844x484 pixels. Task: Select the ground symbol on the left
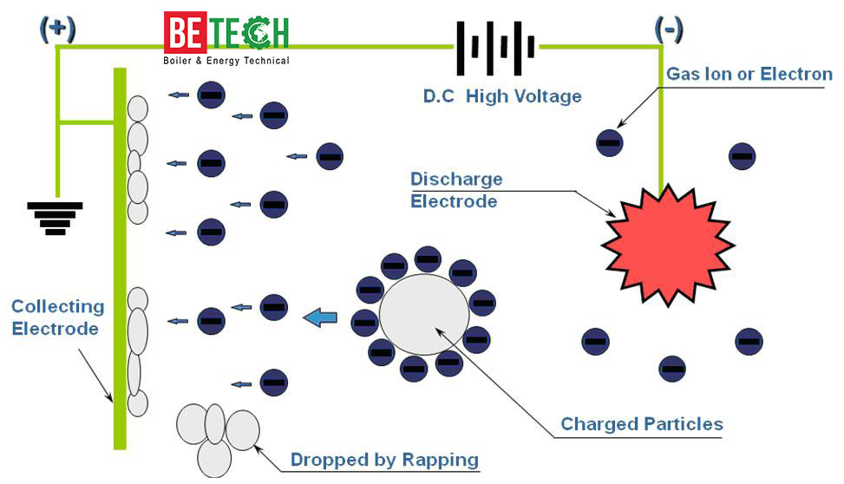[56, 218]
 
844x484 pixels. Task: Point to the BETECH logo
[226, 33]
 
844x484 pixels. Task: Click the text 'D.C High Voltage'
[502, 96]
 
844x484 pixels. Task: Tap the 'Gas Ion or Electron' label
[749, 75]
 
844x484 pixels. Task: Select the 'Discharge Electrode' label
[455, 190]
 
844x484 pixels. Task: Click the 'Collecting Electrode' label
[57, 317]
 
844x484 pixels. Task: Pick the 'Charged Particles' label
[642, 424]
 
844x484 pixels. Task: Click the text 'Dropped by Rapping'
[384, 460]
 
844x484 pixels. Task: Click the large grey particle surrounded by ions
[424, 315]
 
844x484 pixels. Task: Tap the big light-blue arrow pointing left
[320, 318]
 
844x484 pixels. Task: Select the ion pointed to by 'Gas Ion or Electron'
[610, 142]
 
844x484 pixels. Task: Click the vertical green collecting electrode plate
[120, 260]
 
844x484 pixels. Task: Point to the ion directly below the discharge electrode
[672, 369]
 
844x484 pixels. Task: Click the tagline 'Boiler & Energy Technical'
[226, 61]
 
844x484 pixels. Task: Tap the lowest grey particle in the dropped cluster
[213, 457]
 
